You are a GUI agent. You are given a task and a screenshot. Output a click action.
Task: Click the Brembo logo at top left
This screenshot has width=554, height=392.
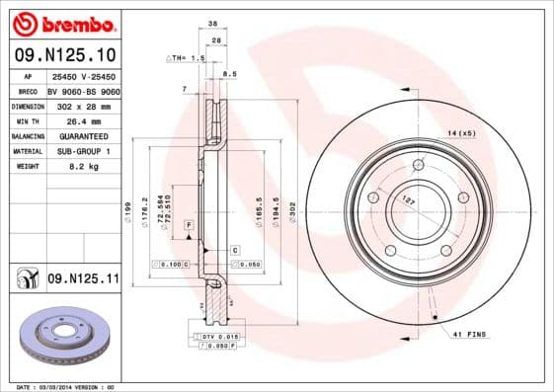(x=61, y=22)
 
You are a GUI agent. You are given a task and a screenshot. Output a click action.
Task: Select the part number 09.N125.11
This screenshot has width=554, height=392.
(x=82, y=279)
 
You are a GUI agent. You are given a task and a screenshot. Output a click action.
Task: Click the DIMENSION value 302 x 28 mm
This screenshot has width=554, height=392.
(x=84, y=105)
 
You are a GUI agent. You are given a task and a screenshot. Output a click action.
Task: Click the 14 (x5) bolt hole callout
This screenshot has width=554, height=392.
(x=461, y=131)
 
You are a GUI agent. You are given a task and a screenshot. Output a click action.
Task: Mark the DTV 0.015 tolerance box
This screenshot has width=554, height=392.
(x=220, y=338)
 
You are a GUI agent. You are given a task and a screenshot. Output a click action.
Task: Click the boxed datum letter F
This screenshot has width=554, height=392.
(x=187, y=227)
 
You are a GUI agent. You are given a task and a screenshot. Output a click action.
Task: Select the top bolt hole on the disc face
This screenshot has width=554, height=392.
(x=420, y=163)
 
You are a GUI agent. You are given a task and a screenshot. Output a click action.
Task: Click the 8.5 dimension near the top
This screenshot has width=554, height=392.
(x=229, y=74)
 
